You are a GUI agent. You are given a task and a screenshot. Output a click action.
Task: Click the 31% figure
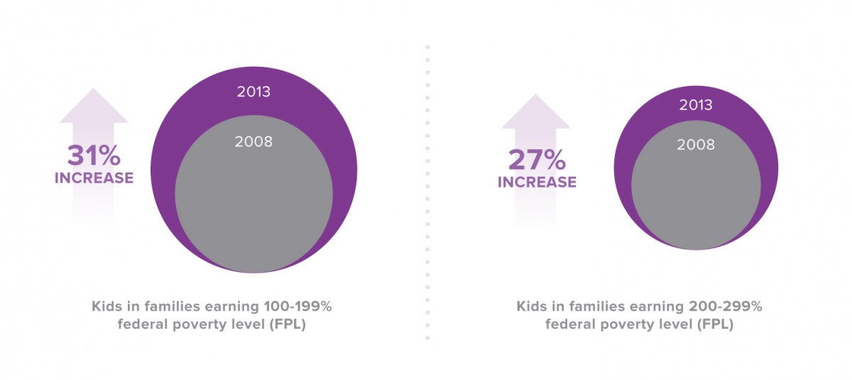(x=94, y=156)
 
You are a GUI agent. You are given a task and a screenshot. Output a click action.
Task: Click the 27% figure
(x=536, y=160)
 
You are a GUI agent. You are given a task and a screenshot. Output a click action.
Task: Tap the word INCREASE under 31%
(x=94, y=178)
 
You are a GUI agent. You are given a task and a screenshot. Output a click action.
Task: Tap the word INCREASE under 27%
(x=536, y=183)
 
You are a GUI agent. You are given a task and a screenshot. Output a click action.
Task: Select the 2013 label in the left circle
(x=253, y=92)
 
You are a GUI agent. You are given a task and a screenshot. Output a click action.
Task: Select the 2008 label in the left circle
(x=253, y=141)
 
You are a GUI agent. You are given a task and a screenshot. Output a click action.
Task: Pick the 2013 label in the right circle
(x=696, y=105)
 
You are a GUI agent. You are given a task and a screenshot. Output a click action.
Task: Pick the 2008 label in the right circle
(x=696, y=145)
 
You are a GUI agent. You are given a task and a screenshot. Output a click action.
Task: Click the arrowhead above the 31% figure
(x=94, y=107)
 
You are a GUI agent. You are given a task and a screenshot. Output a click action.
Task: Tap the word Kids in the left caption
(x=106, y=307)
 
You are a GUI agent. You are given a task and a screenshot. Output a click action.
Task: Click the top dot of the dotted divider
(x=427, y=48)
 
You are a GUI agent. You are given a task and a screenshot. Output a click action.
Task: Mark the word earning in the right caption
(x=658, y=307)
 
